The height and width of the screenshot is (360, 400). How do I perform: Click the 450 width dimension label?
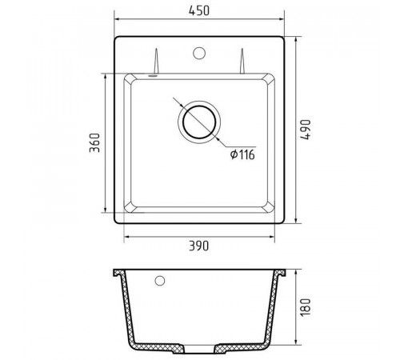[199, 10]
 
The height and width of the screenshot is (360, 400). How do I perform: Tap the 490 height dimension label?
[306, 130]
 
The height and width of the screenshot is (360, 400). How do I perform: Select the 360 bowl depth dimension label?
[94, 142]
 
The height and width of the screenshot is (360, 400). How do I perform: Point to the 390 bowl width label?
[199, 246]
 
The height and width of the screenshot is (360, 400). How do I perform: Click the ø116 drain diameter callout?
[242, 154]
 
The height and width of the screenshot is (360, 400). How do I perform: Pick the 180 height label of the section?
[306, 307]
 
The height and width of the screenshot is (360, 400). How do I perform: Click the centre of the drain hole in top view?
[199, 122]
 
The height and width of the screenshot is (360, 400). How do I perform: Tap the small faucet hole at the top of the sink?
[199, 53]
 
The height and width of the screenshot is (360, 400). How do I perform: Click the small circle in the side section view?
[160, 281]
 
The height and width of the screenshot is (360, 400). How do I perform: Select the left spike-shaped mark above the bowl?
[156, 61]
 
